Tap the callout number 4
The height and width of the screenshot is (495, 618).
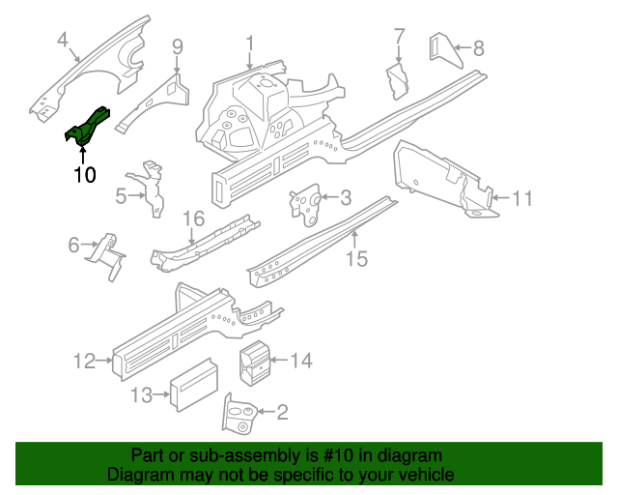63,40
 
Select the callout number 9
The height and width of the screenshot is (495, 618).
178,45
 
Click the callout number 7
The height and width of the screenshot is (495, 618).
399,38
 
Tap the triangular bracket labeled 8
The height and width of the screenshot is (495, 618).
441,50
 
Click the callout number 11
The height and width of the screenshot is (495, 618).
521,199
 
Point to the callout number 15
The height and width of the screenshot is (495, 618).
356,258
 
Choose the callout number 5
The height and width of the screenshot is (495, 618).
121,196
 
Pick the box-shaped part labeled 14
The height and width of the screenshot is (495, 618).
255,362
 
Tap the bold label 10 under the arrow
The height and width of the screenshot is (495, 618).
84,175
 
